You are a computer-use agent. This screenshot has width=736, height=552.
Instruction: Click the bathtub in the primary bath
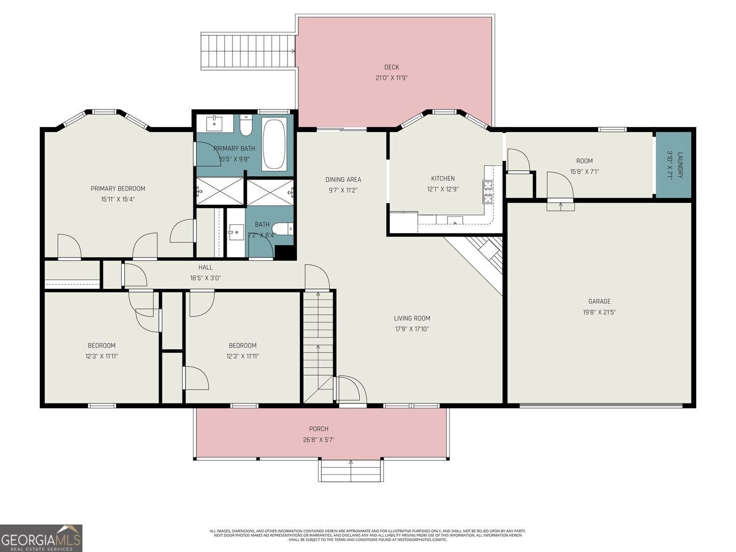[x=274, y=144]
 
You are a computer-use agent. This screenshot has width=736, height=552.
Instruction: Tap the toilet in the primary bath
[x=246, y=126]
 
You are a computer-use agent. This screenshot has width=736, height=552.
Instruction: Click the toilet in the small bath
[x=283, y=229]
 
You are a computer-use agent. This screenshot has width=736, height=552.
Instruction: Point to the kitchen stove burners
[x=488, y=192]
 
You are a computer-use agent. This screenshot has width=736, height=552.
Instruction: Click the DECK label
[x=392, y=67]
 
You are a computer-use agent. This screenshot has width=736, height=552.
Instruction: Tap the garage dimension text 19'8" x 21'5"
[x=600, y=312]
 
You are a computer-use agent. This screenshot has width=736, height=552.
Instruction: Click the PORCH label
[x=318, y=429]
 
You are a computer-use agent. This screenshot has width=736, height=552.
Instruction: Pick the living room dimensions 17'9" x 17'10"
[x=412, y=329]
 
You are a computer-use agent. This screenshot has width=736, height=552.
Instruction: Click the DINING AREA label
[x=343, y=180]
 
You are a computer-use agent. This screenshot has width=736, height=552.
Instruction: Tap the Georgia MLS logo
[x=41, y=538]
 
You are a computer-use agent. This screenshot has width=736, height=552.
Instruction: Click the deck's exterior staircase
[x=248, y=51]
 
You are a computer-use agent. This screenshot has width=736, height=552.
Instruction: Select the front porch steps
[x=351, y=471]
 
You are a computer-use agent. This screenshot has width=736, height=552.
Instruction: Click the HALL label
[x=206, y=267]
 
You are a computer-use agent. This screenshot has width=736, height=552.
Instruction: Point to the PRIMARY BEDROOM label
[x=118, y=188]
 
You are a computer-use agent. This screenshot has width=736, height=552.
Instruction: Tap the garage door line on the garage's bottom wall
[x=601, y=405]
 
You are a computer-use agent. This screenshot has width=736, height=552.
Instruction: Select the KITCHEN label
[x=443, y=179]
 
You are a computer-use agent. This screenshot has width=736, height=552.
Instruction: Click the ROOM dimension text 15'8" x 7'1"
[x=584, y=172]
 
